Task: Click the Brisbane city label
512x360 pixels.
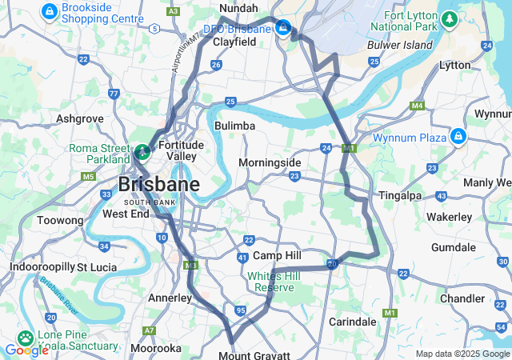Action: pyautogui.click(x=158, y=185)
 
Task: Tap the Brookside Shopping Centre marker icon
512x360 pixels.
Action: pyautogui.click(x=50, y=11)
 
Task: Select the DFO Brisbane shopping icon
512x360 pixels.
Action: pyautogui.click(x=284, y=30)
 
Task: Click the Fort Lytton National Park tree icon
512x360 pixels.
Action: pyautogui.click(x=450, y=17)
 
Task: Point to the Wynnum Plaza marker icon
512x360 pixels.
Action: pyautogui.click(x=458, y=137)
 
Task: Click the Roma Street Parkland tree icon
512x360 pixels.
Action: pyautogui.click(x=142, y=150)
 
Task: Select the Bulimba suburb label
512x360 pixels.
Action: pyautogui.click(x=234, y=126)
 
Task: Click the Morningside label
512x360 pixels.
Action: pyautogui.click(x=270, y=162)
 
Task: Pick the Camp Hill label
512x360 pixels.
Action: pyautogui.click(x=277, y=255)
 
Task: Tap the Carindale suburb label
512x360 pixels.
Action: pyautogui.click(x=353, y=322)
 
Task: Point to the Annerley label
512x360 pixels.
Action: pyautogui.click(x=170, y=298)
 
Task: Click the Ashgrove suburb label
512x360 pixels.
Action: pyautogui.click(x=79, y=118)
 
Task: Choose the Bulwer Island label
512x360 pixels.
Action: pyautogui.click(x=399, y=45)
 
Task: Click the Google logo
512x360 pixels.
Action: pyautogui.click(x=26, y=350)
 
